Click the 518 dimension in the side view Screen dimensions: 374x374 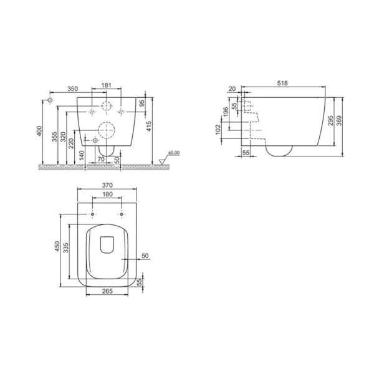(x=282, y=84)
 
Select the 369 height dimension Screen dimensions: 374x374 (x=339, y=121)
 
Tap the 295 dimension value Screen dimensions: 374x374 (x=330, y=121)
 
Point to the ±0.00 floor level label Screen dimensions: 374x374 (x=174, y=153)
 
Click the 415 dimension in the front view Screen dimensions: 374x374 (x=148, y=127)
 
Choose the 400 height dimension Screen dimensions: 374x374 (x=39, y=131)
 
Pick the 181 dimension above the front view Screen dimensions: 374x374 (x=107, y=85)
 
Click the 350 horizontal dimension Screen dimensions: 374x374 (x=73, y=89)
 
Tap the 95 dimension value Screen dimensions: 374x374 (x=141, y=103)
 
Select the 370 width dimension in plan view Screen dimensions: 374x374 (x=107, y=185)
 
